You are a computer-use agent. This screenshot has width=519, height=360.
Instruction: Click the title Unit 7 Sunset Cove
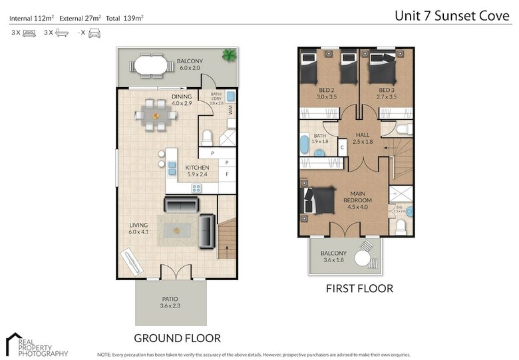pyautogui.click(x=453, y=15)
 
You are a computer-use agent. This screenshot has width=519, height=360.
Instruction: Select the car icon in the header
pyautogui.click(x=94, y=33)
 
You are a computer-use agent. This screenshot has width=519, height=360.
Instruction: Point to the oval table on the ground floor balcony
pyautogui.click(x=151, y=66)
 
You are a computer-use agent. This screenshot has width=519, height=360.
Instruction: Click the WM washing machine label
pyautogui.click(x=230, y=111)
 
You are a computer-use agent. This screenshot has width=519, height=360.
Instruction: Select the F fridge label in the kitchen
pyautogui.click(x=227, y=174)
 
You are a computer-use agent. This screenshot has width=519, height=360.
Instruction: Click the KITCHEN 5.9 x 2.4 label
pyautogui.click(x=197, y=171)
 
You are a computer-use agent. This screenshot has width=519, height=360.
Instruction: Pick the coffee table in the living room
pyautogui.click(x=176, y=231)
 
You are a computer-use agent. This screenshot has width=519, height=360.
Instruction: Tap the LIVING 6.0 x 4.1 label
pyautogui.click(x=139, y=229)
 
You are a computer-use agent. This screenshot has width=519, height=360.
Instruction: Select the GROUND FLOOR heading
pyautogui.click(x=177, y=337)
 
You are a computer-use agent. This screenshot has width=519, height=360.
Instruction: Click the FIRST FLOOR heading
pyautogui.click(x=359, y=289)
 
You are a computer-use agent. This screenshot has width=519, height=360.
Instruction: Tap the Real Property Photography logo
pyautogui.click(x=37, y=345)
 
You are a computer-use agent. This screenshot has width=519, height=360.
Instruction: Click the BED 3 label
pyautogui.click(x=387, y=93)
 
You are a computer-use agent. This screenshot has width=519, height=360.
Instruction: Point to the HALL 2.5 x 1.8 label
pyautogui.click(x=363, y=138)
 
